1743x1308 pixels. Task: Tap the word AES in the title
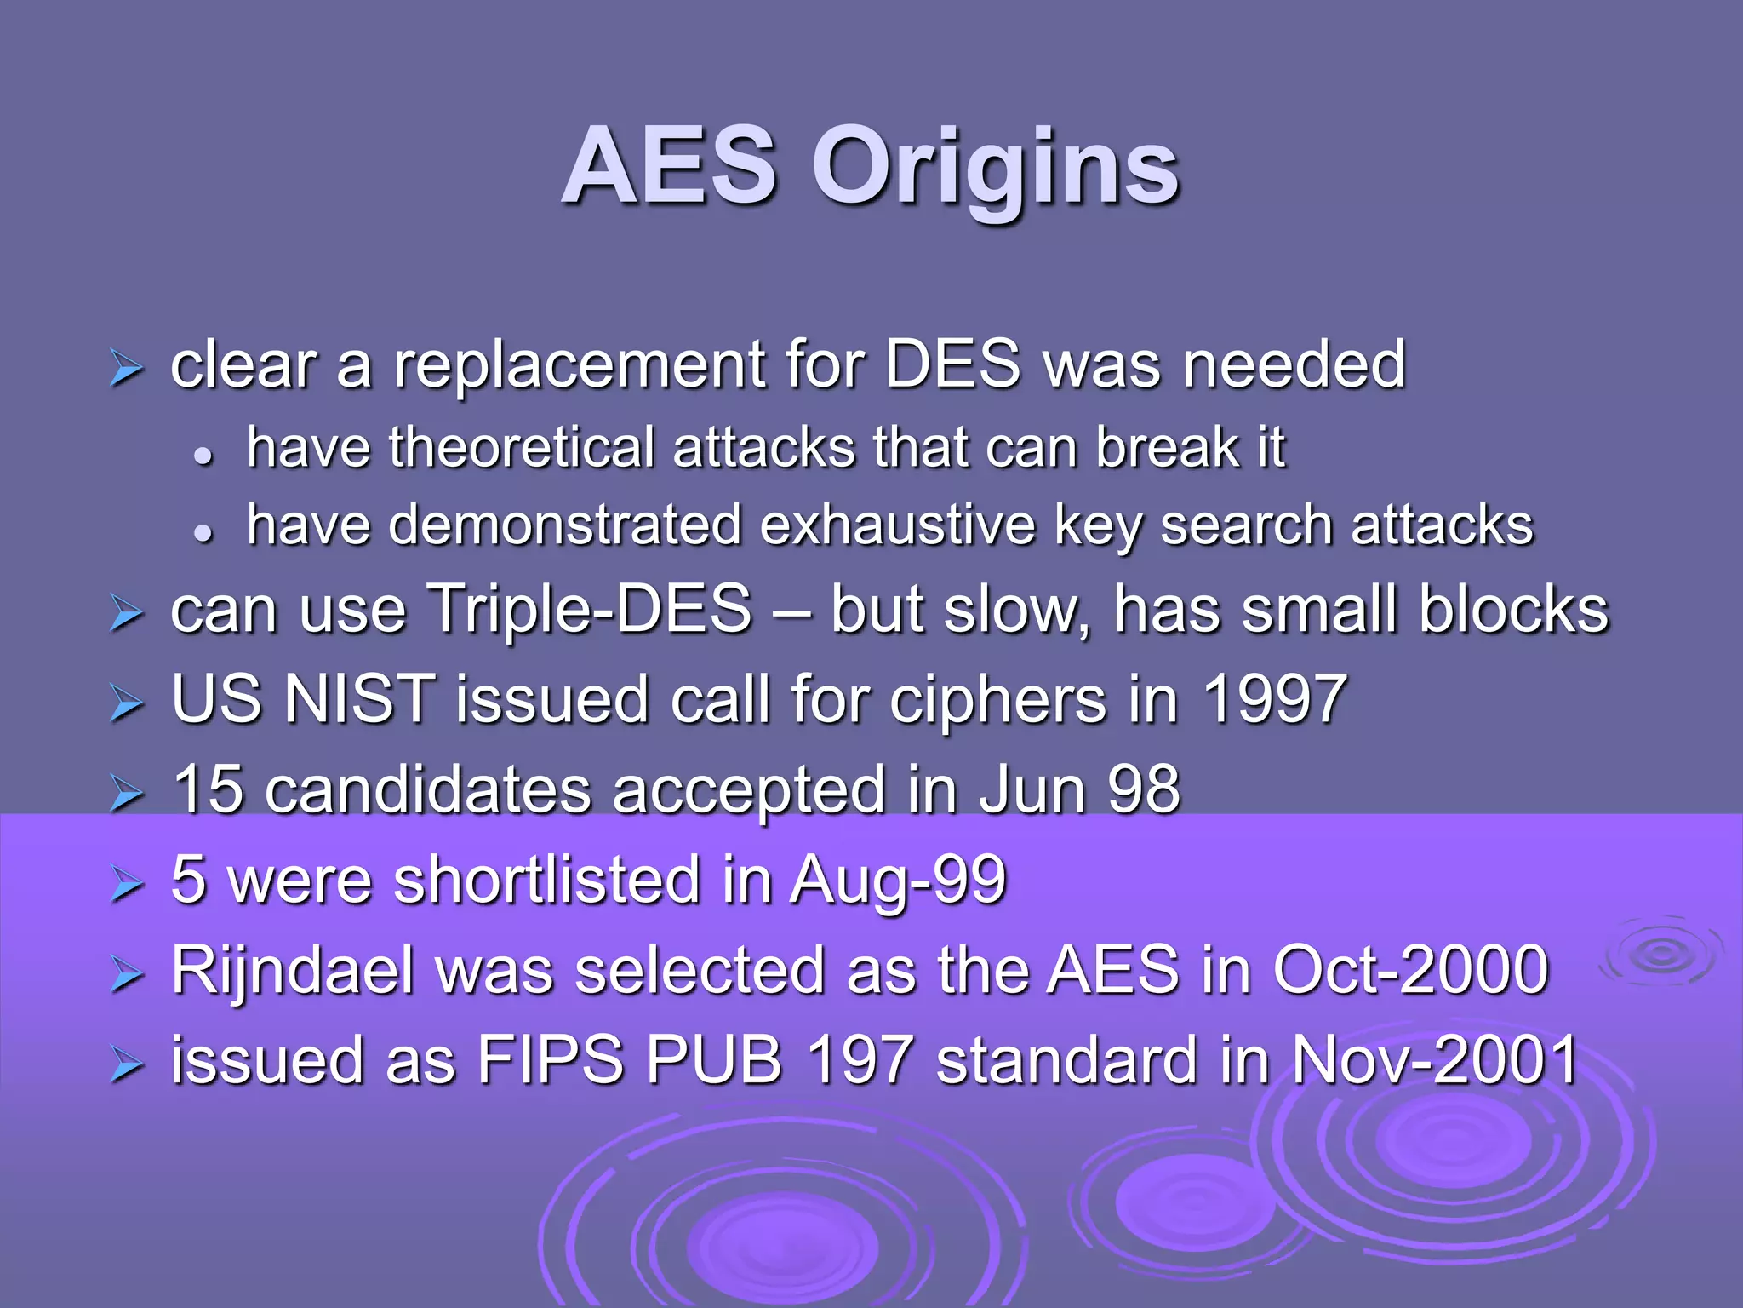point(670,167)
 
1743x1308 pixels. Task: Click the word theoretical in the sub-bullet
point(522,448)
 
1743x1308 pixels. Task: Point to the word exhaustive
point(898,525)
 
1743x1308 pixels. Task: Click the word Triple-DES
point(589,610)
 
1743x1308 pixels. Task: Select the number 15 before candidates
point(209,789)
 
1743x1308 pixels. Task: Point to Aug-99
point(898,880)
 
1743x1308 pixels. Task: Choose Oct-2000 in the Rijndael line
point(1410,971)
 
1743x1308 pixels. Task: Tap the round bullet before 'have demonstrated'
point(203,533)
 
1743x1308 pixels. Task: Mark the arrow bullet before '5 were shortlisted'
point(126,885)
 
